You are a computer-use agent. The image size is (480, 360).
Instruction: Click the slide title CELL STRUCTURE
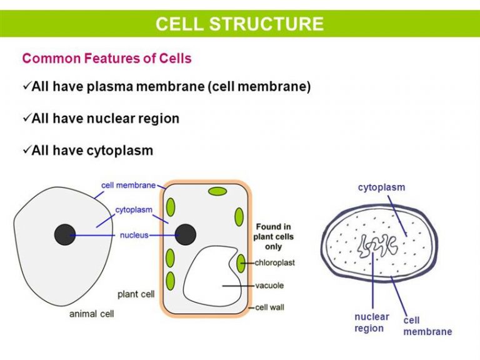tap(239, 24)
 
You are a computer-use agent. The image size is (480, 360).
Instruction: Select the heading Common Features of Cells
tap(107, 58)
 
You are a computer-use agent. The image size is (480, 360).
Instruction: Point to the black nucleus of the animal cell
tap(65, 235)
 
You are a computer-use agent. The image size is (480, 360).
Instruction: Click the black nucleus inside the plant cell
tap(185, 234)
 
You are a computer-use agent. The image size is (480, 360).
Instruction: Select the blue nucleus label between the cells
tap(134, 235)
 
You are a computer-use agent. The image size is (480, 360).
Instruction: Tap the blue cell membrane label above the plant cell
tap(128, 185)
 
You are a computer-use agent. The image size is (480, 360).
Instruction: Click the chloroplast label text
tap(274, 262)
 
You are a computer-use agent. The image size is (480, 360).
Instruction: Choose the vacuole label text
tap(269, 285)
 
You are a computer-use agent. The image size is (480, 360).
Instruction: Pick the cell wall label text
tap(269, 307)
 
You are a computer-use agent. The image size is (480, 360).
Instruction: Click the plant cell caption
tap(136, 294)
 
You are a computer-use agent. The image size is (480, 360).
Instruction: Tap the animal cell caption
tap(91, 314)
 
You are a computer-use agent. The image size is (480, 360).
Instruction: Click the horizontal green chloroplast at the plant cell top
tap(217, 192)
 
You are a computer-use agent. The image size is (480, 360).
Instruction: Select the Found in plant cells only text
tap(273, 237)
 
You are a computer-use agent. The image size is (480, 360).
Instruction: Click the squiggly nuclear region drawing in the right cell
tap(377, 245)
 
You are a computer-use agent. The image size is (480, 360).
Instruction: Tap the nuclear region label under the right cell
tap(372, 322)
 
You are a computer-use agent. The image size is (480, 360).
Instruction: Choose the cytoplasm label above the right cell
tap(381, 187)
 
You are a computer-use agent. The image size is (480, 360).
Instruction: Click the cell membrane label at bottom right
tap(427, 326)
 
